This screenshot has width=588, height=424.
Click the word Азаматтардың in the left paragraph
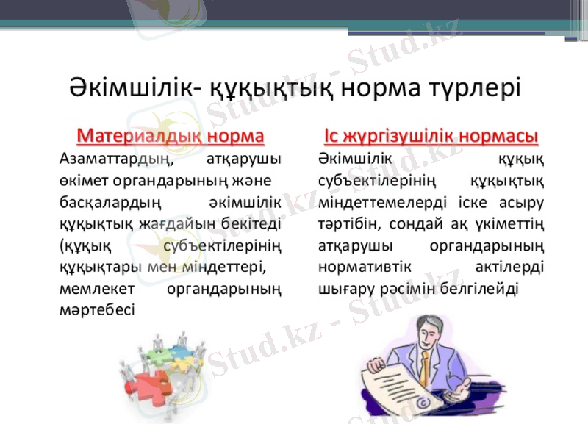coord(115,157)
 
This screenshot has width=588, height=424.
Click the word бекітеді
coord(259,221)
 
